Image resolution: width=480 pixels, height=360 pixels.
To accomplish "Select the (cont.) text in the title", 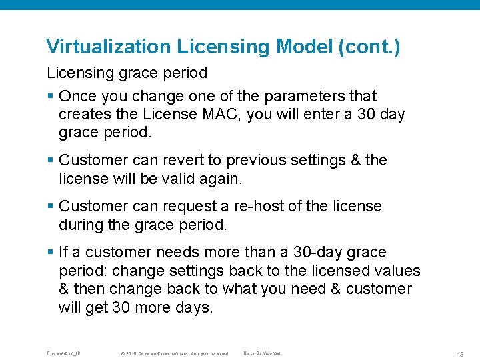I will point(369,47).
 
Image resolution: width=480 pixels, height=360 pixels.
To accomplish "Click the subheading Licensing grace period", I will point(127,73).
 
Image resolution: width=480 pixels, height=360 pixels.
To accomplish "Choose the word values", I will point(397,271).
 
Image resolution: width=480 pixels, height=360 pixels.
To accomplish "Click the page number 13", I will point(461,353).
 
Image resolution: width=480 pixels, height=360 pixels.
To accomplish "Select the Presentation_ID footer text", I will point(63,353).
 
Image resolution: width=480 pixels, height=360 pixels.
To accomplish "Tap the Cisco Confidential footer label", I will point(262,353).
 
